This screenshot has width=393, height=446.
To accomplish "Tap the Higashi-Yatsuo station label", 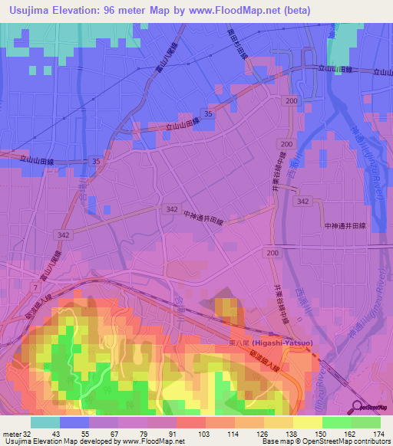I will coord(272,343).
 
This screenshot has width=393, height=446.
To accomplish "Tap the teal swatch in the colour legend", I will coord(45,422).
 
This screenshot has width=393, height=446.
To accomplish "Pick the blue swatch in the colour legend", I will coord(74,422).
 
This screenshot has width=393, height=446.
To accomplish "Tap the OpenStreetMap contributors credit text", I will coord(338,441).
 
